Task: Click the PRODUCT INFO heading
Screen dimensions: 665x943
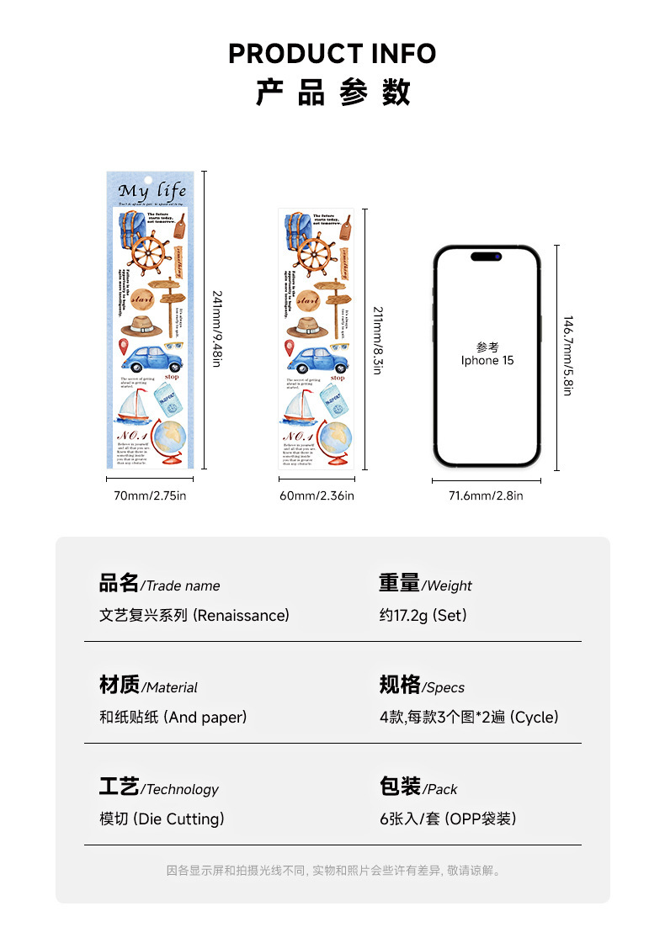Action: tap(332, 54)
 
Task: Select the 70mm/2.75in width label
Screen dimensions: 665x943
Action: tap(150, 495)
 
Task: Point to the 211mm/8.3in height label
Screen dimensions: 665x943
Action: tap(377, 339)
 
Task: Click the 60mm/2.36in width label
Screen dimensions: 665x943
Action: tap(317, 495)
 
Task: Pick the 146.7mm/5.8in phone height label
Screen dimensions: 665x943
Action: tap(568, 356)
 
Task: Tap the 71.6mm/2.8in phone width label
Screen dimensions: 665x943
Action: tap(485, 495)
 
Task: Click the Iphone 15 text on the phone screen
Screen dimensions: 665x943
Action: tap(487, 360)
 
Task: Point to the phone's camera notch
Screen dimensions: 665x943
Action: tap(486, 256)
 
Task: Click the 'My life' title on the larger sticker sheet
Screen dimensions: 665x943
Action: tap(152, 190)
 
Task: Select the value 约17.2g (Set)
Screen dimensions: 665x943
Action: tap(423, 615)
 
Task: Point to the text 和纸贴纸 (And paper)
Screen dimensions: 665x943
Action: tap(173, 717)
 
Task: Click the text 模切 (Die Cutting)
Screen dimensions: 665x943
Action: tap(162, 819)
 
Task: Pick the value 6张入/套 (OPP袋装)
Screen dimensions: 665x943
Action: tap(448, 819)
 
